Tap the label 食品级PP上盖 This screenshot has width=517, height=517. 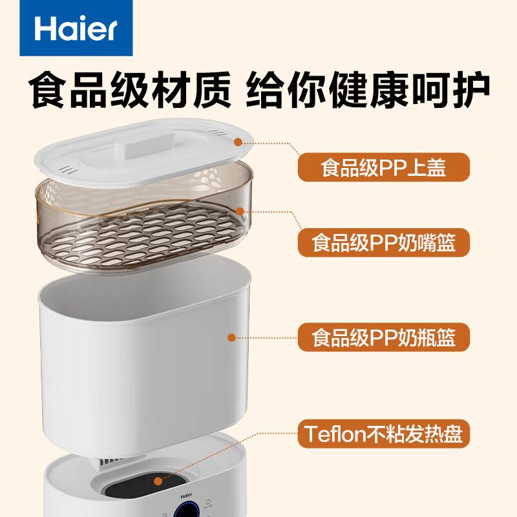pyautogui.click(x=384, y=167)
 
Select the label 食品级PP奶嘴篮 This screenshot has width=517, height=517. pyautogui.click(x=384, y=244)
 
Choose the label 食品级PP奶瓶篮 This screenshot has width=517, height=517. pyautogui.click(x=384, y=337)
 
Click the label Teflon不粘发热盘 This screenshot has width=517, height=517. pyautogui.click(x=384, y=434)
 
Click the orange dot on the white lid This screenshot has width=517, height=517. pyautogui.click(x=238, y=142)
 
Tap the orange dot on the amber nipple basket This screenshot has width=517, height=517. pyautogui.click(x=239, y=211)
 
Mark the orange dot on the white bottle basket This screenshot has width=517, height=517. pyautogui.click(x=231, y=337)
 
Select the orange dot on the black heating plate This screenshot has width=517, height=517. pyautogui.click(x=158, y=480)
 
